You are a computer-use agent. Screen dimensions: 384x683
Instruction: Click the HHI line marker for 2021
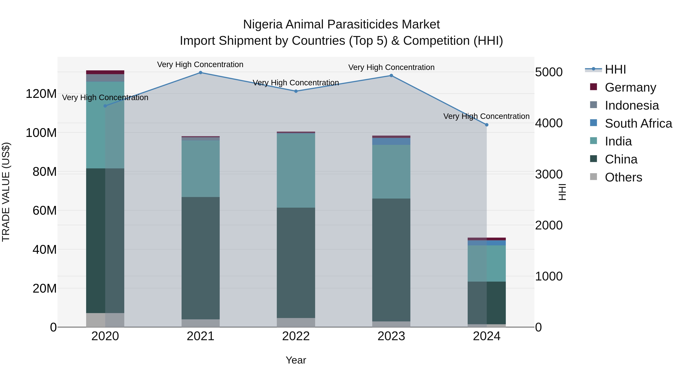pyautogui.click(x=201, y=72)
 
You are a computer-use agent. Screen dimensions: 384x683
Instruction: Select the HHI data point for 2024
pyautogui.click(x=486, y=125)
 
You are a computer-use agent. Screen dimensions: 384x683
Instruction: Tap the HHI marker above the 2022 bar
pyautogui.click(x=296, y=91)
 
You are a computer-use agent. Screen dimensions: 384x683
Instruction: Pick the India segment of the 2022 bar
pyautogui.click(x=296, y=170)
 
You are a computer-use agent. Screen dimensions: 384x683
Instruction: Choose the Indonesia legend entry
pyautogui.click(x=632, y=105)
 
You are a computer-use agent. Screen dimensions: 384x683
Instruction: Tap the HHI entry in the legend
pyautogui.click(x=615, y=69)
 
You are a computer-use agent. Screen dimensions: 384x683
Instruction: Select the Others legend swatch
pyautogui.click(x=593, y=177)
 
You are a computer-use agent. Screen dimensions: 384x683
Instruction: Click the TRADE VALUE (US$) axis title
pyautogui.click(x=6, y=192)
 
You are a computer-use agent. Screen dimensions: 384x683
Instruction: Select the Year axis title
pyautogui.click(x=296, y=360)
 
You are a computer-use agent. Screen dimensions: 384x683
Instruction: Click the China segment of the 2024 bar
pyautogui.click(x=486, y=303)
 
